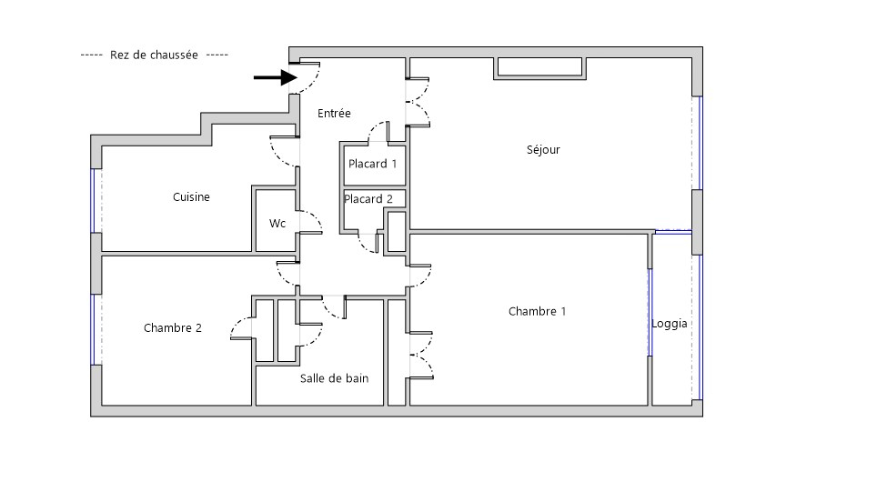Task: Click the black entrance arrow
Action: point(276,77)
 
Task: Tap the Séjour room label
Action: point(543,150)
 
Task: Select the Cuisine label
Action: point(191,196)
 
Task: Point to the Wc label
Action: point(277,223)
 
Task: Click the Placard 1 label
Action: point(373,165)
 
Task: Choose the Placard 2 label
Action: point(368,199)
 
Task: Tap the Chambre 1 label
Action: point(537,312)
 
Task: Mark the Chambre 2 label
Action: point(173,328)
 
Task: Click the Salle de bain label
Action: point(334,378)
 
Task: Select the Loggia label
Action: point(670,324)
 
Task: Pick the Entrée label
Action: point(334,114)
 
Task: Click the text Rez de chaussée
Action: point(154,55)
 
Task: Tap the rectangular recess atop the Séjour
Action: point(538,67)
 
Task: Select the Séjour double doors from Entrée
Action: point(420,101)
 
